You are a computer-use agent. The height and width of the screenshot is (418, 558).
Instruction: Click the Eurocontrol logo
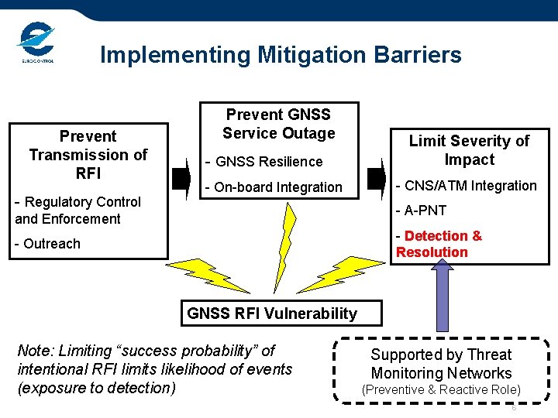(x=36, y=43)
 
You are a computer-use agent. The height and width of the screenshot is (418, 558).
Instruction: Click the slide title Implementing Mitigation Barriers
(x=281, y=55)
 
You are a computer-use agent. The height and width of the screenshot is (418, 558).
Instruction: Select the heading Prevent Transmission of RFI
(x=88, y=154)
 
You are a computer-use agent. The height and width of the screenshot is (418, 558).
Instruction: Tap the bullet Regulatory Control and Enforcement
(x=78, y=211)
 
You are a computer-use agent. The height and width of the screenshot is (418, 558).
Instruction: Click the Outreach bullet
(x=48, y=244)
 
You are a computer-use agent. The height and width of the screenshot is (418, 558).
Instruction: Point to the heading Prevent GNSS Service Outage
(x=278, y=124)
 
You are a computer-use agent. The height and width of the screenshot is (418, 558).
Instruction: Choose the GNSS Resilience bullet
(x=263, y=162)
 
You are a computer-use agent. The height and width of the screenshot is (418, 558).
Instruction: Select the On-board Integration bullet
(x=273, y=187)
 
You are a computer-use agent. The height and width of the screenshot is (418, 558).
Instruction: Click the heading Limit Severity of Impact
(x=469, y=150)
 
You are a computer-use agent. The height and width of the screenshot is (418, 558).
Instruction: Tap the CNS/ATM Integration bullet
(x=466, y=186)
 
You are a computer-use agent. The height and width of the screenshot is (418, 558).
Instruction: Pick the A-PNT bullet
(x=421, y=211)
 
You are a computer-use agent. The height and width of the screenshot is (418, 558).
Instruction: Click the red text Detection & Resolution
(x=438, y=244)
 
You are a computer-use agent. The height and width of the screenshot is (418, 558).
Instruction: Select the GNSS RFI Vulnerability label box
(x=271, y=313)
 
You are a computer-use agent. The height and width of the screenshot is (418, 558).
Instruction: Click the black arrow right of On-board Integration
(x=375, y=176)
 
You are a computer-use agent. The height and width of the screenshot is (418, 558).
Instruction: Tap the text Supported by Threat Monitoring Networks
(x=441, y=364)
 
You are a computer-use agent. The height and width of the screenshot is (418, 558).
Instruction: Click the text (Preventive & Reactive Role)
(x=441, y=390)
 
